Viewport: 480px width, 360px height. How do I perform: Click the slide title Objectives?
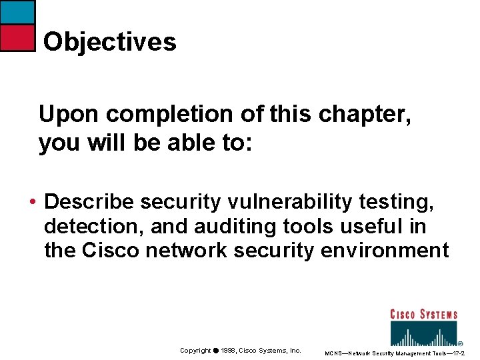point(110,42)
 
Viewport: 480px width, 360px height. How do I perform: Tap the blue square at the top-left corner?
point(17,12)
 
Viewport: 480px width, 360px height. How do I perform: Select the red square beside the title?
point(17,38)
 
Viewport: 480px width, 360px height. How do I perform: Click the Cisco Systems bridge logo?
point(423,327)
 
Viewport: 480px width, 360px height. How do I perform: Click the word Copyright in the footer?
point(195,351)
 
